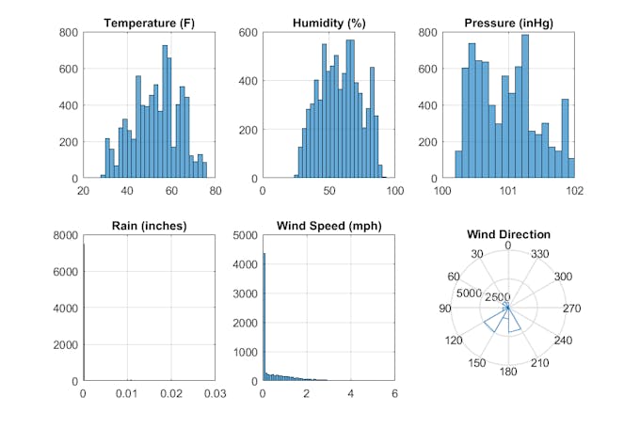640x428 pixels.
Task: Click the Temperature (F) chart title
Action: tap(150, 23)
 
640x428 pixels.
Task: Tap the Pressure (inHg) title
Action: tap(508, 23)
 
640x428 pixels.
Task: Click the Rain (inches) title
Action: tap(150, 226)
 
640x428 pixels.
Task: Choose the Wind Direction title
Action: tap(508, 234)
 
